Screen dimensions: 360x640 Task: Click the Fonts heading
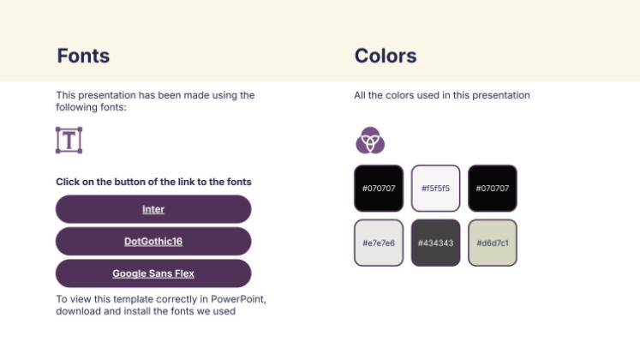pos(83,57)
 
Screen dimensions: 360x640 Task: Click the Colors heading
pos(386,57)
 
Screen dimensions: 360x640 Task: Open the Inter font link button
pos(153,209)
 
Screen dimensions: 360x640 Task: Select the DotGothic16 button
pos(153,242)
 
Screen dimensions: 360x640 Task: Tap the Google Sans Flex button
pos(153,274)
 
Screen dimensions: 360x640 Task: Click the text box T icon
pos(69,140)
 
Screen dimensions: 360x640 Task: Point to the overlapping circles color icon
pos(370,140)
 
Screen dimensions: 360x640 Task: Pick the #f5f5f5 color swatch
pos(435,188)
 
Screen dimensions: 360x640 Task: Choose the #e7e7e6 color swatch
pos(378,243)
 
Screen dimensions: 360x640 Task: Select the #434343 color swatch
pos(435,243)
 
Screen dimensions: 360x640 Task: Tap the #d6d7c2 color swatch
pos(493,243)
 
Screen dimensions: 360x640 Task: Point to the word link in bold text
pos(194,182)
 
